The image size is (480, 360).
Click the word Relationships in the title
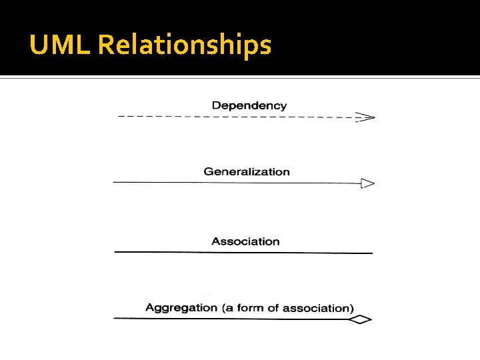(185, 46)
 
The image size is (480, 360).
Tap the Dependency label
(249, 105)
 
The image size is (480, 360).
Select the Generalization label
(247, 172)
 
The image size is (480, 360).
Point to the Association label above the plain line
(245, 241)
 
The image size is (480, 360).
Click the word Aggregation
(181, 308)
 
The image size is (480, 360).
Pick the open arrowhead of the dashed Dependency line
(366, 117)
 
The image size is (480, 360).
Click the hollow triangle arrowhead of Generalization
(367, 183)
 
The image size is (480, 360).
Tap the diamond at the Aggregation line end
(360, 320)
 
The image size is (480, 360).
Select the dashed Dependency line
(233, 117)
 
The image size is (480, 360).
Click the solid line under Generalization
(233, 182)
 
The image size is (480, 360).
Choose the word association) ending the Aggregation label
(318, 308)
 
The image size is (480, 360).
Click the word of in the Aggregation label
(273, 308)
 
